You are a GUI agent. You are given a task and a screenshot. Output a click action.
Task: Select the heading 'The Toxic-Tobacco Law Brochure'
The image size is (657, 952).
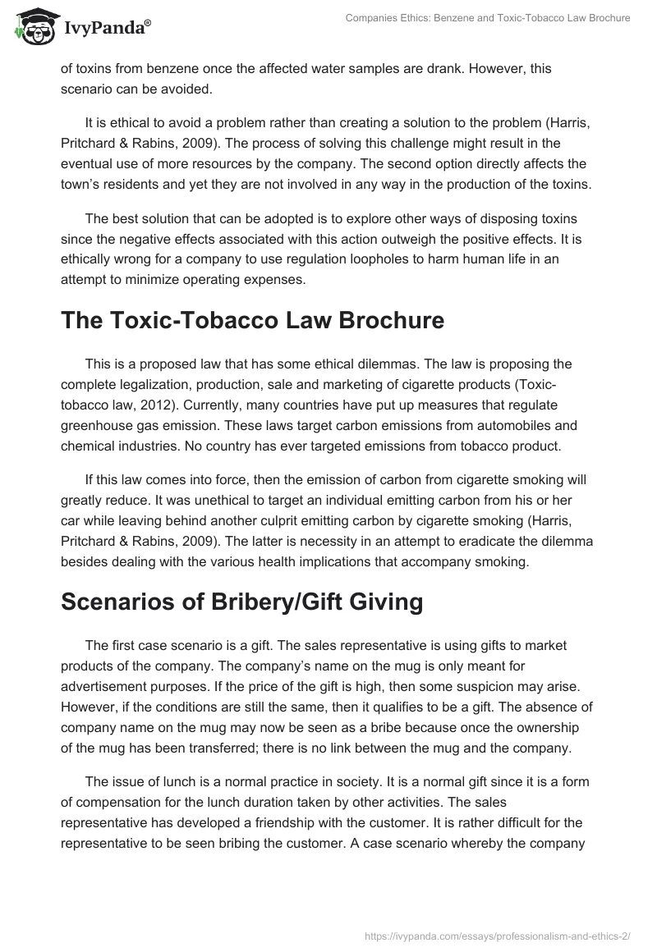[x=252, y=320]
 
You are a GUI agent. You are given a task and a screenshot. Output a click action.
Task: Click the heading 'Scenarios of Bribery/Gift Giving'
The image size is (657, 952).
[x=241, y=602]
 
